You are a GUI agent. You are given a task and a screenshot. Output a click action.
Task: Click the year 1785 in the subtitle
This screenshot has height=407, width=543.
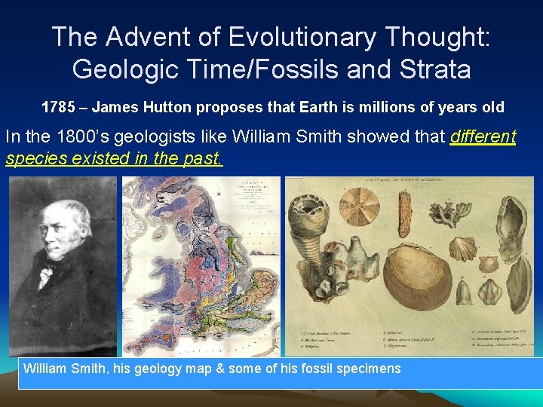point(57,107)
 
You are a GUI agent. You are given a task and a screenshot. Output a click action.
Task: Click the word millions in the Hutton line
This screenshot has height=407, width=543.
point(373,107)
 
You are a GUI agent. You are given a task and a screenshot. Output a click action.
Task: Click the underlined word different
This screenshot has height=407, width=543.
point(483,138)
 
